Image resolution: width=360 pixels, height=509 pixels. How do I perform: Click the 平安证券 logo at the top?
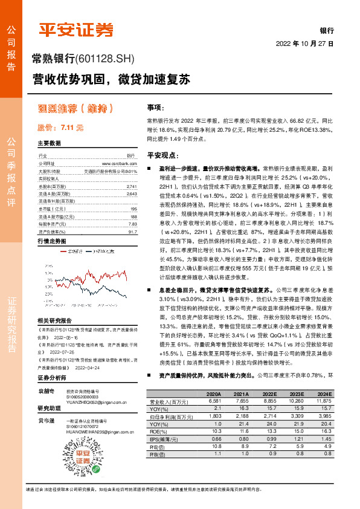[x=76, y=29]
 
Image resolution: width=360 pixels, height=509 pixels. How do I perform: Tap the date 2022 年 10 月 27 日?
[x=305, y=44]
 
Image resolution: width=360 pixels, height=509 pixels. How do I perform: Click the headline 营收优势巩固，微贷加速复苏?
[x=111, y=79]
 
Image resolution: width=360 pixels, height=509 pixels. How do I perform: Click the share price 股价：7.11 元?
[x=60, y=128]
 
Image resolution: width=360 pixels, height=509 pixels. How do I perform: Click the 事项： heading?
[x=156, y=107]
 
